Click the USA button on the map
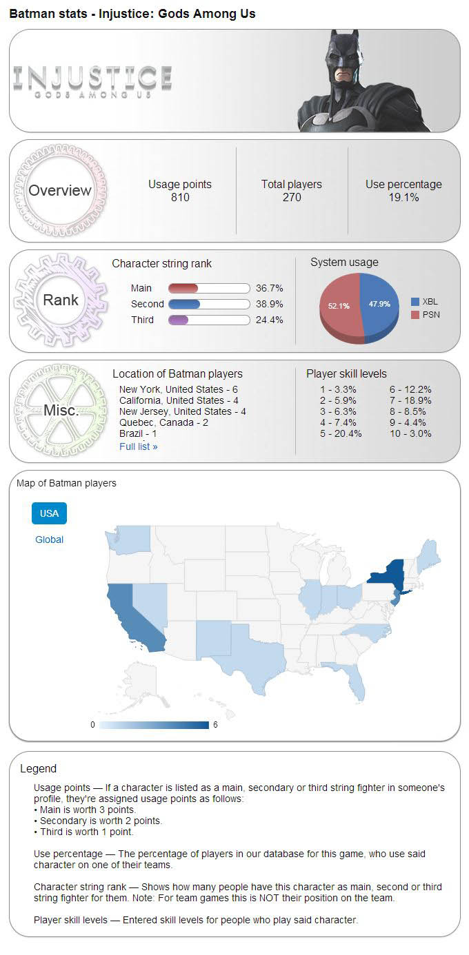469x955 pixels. coord(49,513)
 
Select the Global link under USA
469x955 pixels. coord(49,540)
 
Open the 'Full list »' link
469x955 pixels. coord(138,446)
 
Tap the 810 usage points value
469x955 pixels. coord(180,198)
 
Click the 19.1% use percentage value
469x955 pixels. coord(403,198)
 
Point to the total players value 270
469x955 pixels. coord(291,198)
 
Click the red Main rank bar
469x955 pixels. coord(183,288)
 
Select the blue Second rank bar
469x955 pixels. coord(183,304)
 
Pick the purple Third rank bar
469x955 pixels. coord(178,320)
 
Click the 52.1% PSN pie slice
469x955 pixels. coord(340,307)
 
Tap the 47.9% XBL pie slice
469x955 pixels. coord(379,303)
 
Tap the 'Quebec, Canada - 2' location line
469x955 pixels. coord(163,422)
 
